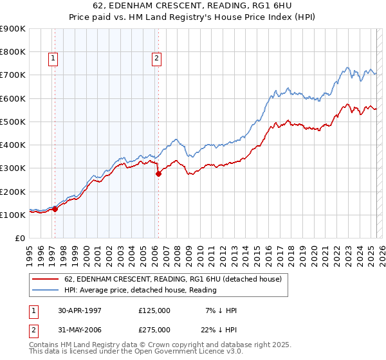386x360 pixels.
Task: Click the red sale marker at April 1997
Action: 55,209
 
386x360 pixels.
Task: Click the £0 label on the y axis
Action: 19,239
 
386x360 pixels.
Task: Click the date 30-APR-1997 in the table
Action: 79,310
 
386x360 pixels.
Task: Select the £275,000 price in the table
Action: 154,330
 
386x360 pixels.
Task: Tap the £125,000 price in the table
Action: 154,310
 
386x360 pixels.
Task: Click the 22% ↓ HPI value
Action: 221,330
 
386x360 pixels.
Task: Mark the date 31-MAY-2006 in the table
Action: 79,330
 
